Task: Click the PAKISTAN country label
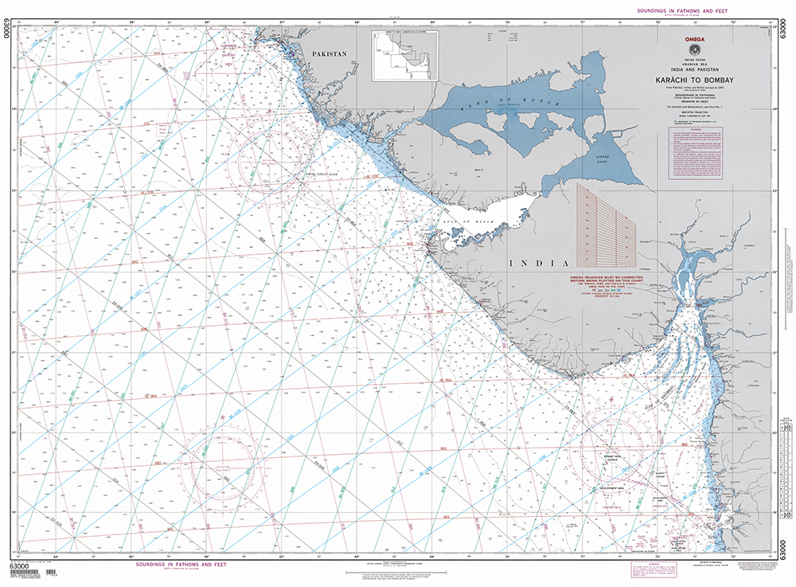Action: tap(330, 53)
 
